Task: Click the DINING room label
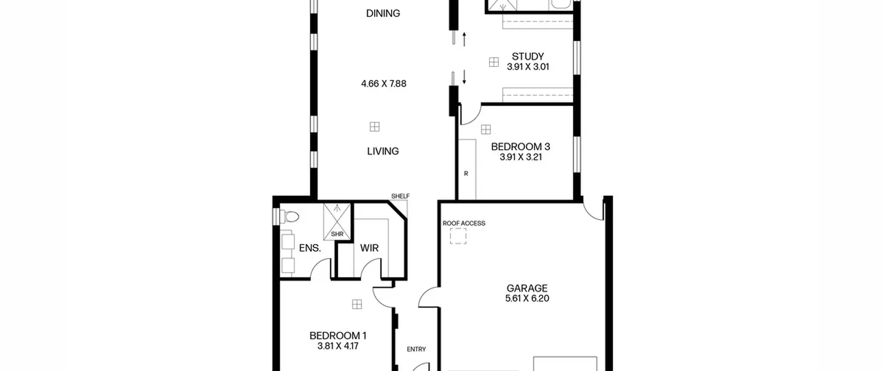click(383, 13)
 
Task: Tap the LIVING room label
click(383, 151)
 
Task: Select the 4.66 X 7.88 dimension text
click(384, 84)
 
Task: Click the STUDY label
click(528, 56)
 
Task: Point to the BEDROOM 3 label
click(520, 147)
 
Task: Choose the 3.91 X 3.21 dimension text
click(520, 157)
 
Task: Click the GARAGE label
click(527, 288)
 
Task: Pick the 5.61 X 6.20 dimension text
click(527, 299)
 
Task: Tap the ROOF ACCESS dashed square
click(458, 236)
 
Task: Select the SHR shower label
click(337, 234)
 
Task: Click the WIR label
click(369, 248)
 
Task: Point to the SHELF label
click(400, 196)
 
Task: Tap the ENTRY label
click(416, 349)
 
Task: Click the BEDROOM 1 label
click(338, 336)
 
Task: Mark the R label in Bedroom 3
click(466, 174)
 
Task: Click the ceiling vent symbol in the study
click(494, 62)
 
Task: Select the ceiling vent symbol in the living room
click(375, 127)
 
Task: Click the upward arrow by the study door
click(464, 39)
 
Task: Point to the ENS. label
click(310, 248)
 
